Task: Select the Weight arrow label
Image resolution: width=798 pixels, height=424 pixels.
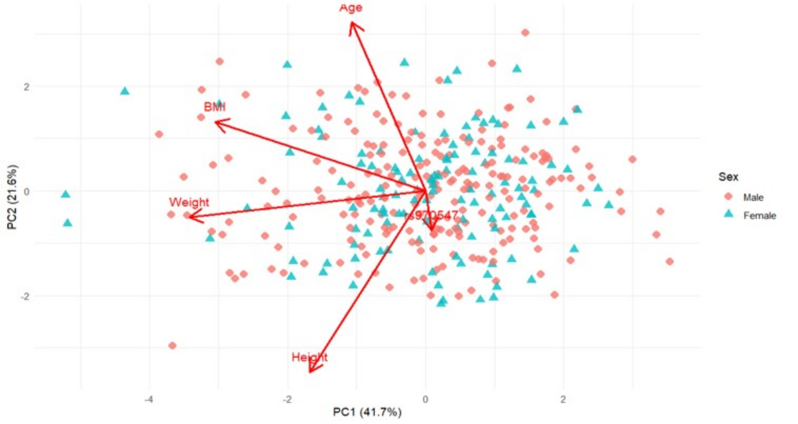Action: [x=189, y=202]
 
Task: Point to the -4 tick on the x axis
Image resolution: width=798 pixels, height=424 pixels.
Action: [x=149, y=399]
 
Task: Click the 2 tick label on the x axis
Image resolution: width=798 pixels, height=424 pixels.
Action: [x=563, y=399]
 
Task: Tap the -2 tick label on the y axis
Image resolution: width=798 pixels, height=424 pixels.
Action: [x=25, y=296]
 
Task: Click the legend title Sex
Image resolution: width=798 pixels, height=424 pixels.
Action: [x=728, y=177]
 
